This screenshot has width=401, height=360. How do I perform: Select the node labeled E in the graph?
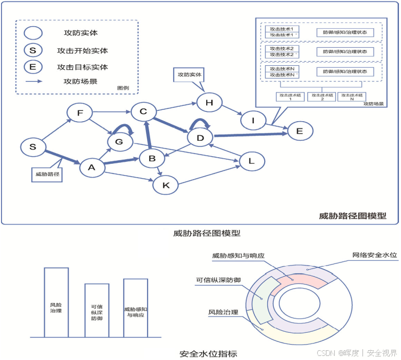coord(300,131)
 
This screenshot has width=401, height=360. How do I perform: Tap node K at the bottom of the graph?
coord(166,185)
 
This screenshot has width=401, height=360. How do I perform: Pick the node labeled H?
coord(209,102)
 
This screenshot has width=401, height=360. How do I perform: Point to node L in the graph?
coord(251,161)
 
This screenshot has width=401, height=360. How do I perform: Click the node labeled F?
coord(79,112)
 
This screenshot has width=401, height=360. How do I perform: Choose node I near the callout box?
coord(252,120)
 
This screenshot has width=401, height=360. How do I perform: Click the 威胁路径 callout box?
coord(45,174)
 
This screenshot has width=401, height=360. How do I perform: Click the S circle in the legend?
coord(33,50)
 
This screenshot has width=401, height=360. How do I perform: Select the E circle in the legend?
coord(33,67)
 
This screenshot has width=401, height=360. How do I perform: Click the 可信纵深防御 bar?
coord(97,310)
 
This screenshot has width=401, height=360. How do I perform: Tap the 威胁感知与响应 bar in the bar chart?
coord(136,308)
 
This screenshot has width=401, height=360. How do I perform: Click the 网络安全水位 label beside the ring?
coord(374,255)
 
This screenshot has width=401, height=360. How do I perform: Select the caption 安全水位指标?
coord(208,354)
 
